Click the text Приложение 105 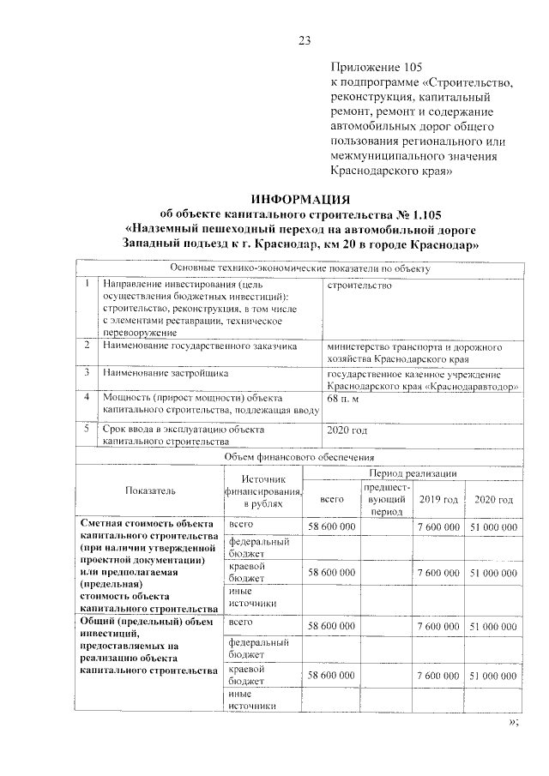377,67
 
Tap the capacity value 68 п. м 344,399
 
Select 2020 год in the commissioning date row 347,429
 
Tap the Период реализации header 413,473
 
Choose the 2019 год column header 438,499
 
